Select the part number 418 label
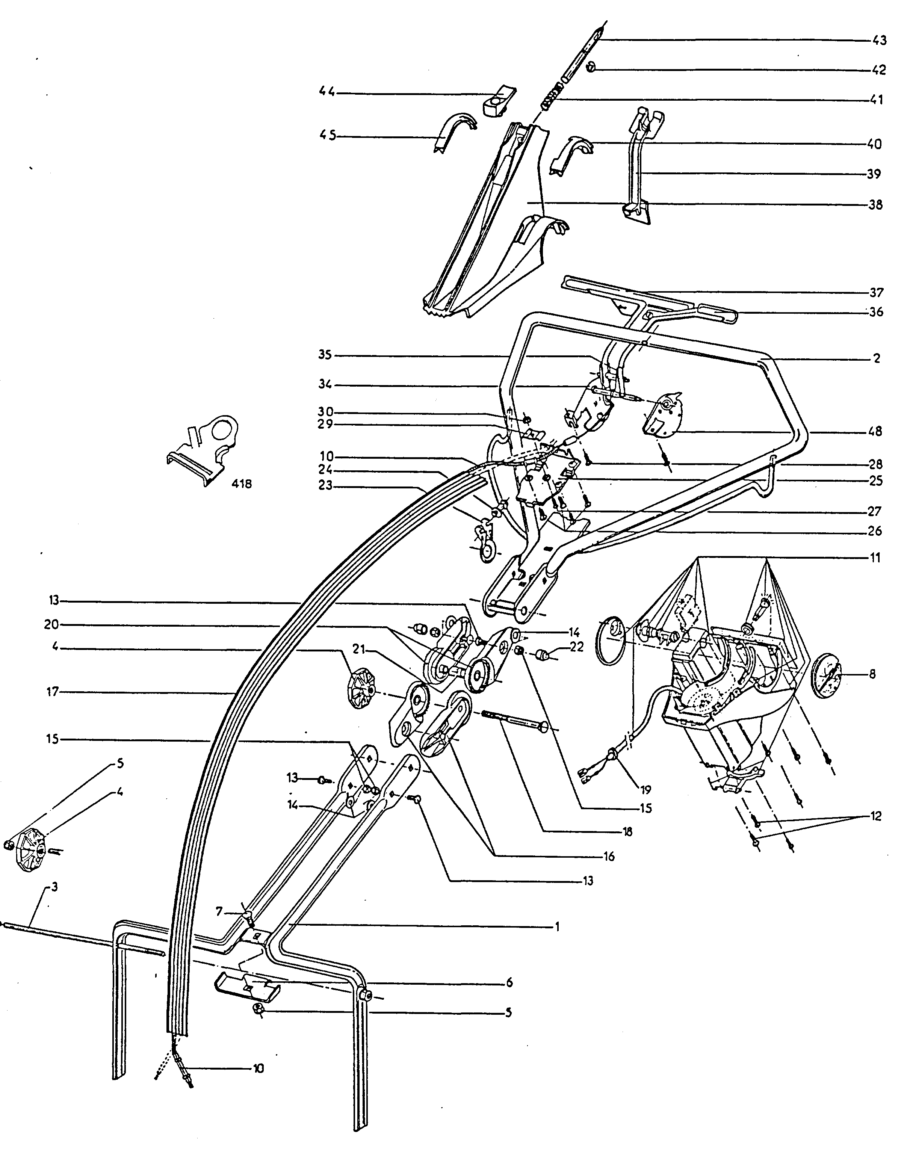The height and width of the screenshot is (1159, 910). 242,484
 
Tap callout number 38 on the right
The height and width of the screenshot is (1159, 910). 875,204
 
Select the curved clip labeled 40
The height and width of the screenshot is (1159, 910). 571,154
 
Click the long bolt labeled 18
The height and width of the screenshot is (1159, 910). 511,719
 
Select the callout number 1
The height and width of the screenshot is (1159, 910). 557,927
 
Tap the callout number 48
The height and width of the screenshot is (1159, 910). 875,431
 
